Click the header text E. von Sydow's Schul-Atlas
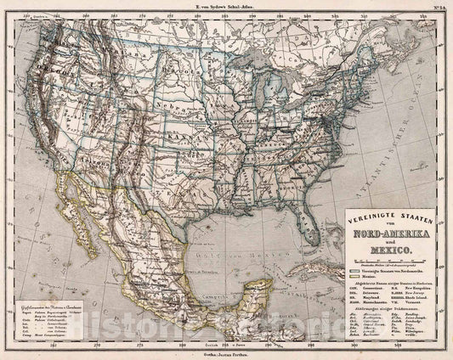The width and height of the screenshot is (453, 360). point(226,6)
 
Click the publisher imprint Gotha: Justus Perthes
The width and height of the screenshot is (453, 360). point(225,354)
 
